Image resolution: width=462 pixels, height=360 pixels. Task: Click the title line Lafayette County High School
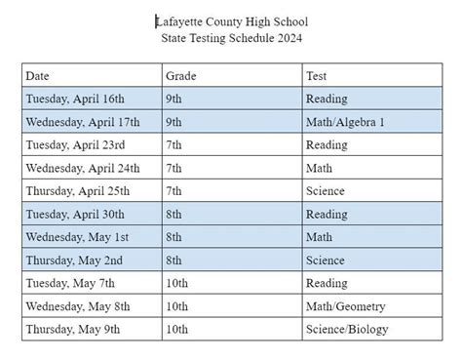(x=230, y=20)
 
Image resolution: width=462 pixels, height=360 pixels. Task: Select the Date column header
(x=38, y=75)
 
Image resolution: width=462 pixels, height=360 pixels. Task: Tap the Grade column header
(x=181, y=75)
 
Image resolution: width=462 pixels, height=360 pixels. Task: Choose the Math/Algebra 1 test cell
(x=345, y=122)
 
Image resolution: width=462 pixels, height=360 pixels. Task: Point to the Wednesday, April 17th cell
(x=83, y=122)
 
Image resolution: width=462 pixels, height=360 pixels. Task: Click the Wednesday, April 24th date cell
(x=83, y=168)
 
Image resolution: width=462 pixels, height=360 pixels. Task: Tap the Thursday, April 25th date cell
(x=78, y=191)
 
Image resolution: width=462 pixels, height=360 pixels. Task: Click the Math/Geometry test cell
(x=341, y=306)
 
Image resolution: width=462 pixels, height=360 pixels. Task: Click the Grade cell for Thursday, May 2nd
(x=176, y=260)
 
